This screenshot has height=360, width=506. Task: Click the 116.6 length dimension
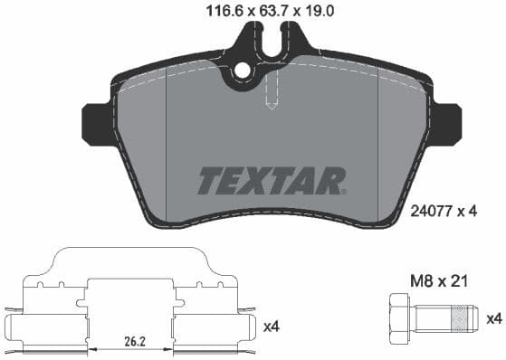tap(215, 11)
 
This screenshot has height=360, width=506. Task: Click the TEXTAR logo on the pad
tap(271, 179)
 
